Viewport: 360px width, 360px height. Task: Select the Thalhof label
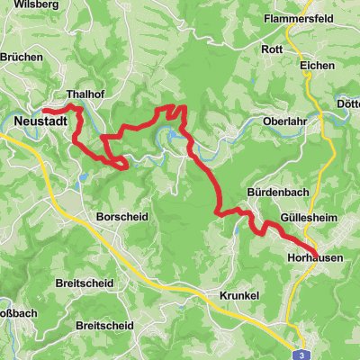tap(86, 94)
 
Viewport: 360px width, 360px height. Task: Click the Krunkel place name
tap(239, 296)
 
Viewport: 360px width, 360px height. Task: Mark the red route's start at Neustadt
tap(43, 112)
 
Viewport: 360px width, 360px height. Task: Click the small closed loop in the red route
tap(118, 163)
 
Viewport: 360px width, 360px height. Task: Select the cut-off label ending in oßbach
tap(17, 314)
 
